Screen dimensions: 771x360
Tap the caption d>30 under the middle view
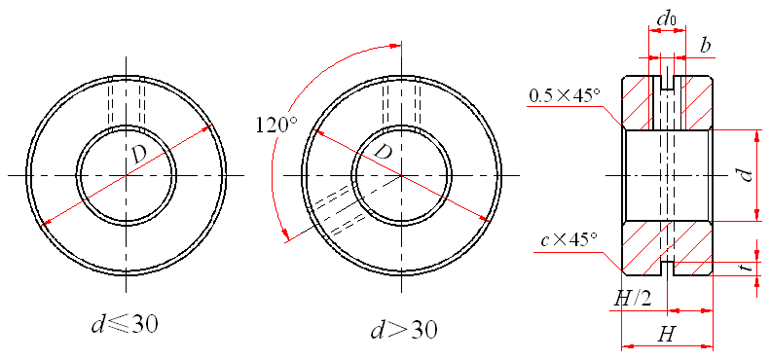click(x=403, y=330)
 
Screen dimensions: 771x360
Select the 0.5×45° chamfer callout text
click(x=565, y=95)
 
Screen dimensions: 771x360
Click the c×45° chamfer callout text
click(x=569, y=240)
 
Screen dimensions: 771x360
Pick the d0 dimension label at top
click(x=666, y=18)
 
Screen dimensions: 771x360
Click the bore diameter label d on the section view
click(x=748, y=175)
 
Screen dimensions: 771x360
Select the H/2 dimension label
click(x=633, y=298)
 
